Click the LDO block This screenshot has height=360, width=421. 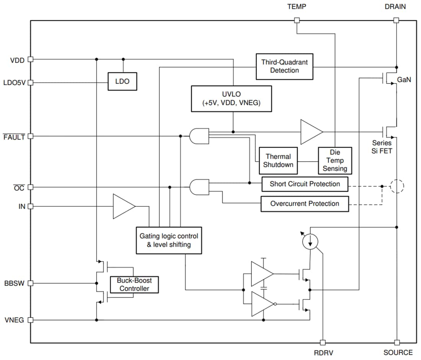click(122, 81)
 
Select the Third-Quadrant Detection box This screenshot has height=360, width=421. click(284, 66)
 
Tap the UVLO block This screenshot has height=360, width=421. click(231, 99)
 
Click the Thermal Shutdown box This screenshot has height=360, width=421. click(278, 160)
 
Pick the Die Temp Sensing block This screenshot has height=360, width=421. click(335, 160)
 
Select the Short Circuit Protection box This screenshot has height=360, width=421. click(305, 184)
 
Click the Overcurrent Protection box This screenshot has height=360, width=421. click(305, 204)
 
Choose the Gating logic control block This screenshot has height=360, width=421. click(169, 240)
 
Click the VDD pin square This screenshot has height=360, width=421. click(31, 59)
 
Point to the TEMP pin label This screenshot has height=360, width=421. click(297, 7)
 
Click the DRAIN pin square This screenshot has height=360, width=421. click(397, 20)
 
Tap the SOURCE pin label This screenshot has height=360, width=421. click(398, 353)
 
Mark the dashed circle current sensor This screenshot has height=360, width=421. click(397, 187)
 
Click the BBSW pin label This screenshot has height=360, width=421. click(14, 284)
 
